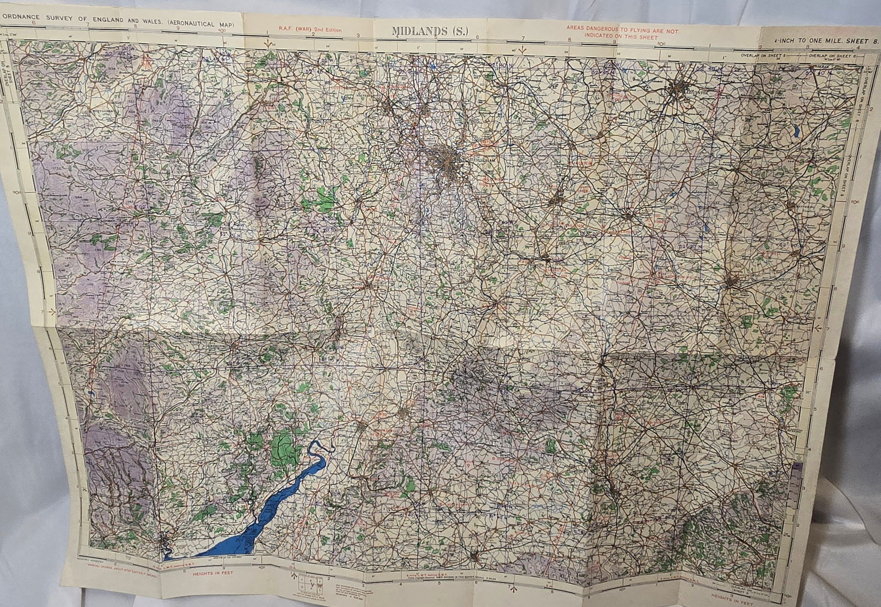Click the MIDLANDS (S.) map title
(431, 31)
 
